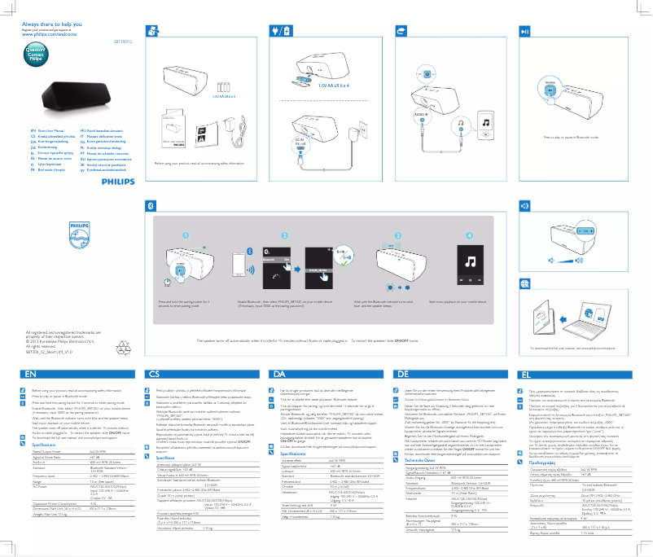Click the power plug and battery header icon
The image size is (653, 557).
(x=280, y=31)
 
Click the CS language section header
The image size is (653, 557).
(x=154, y=374)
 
